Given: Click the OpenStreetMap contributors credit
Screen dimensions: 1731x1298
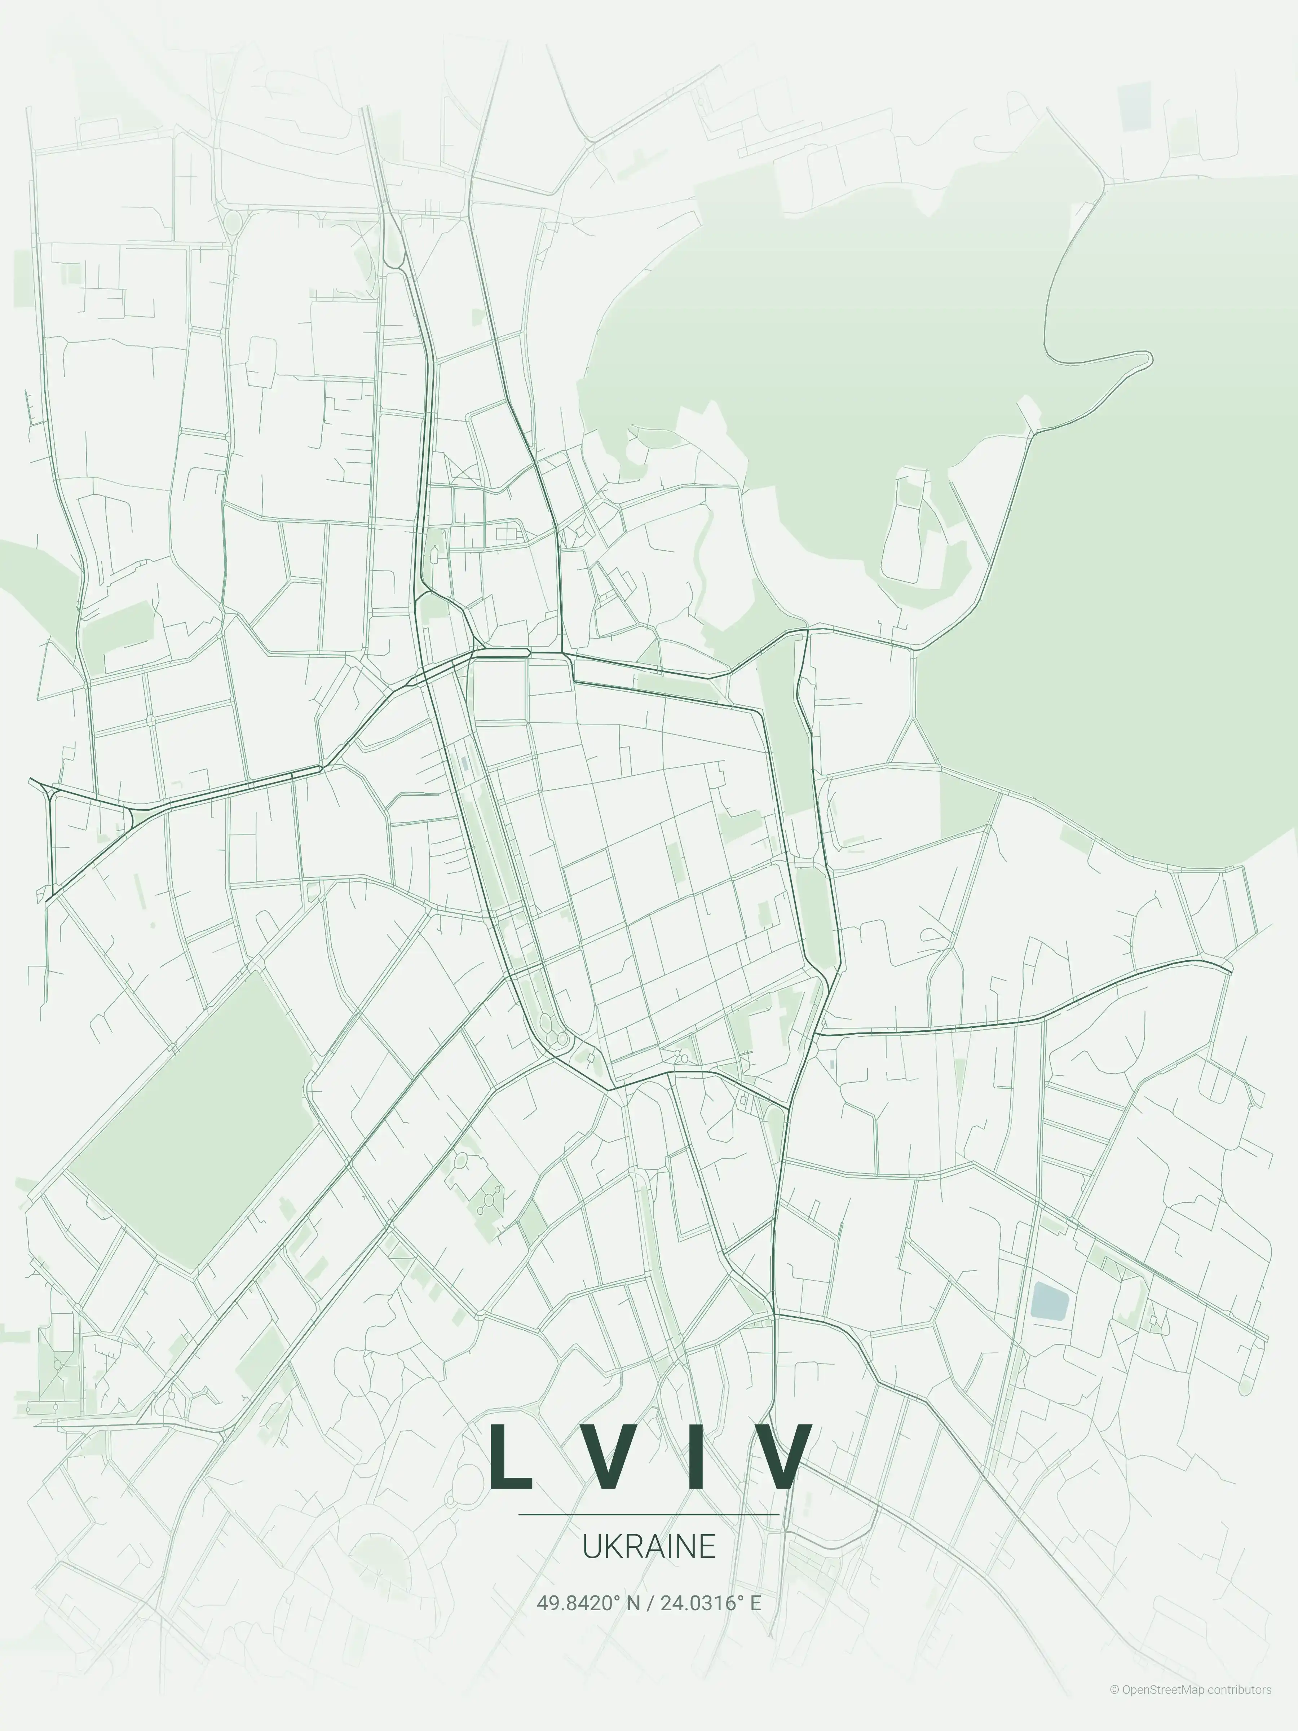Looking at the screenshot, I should (x=1190, y=1705).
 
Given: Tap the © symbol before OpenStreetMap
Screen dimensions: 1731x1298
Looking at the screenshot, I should (x=1114, y=1705).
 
